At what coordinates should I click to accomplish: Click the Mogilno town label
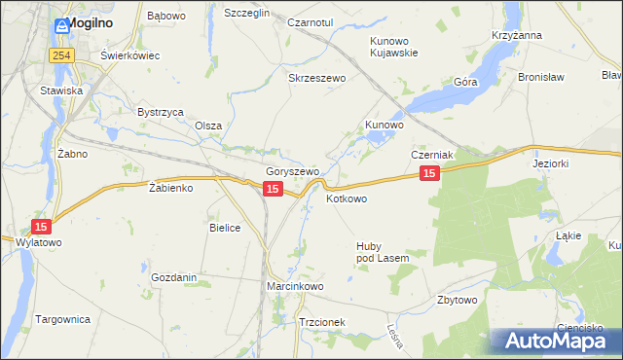coord(87,26)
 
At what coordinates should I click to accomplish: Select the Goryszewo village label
coord(293,171)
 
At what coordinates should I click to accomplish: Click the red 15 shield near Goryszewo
coord(274,189)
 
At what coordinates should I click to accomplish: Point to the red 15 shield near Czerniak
coord(430,173)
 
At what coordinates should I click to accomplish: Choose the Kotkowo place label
coord(347,198)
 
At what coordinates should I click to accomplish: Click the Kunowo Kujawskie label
coord(394,47)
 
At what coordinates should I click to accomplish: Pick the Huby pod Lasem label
coord(382,252)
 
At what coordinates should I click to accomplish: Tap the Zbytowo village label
coord(458,300)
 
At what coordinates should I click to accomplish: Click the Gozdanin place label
coord(174,277)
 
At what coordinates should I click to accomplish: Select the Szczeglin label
coord(246,13)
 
